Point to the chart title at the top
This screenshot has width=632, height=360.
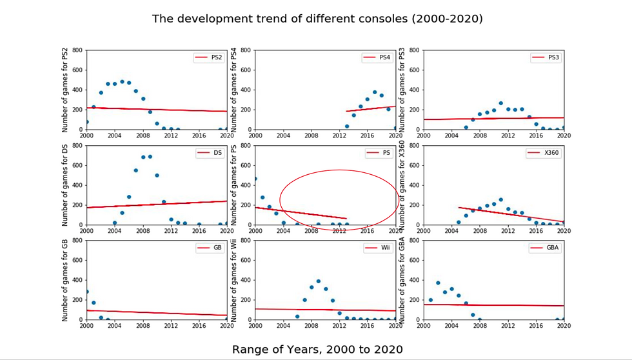point(317,19)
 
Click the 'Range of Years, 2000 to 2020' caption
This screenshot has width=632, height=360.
point(317,350)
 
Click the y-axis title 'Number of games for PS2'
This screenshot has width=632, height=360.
point(66,90)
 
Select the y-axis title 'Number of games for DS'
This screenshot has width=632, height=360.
point(66,185)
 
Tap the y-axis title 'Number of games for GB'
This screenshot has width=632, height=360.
point(66,280)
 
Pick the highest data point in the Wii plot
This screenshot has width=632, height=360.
point(318,281)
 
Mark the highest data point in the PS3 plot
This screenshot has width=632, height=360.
point(500,103)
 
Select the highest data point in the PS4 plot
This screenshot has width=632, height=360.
point(375,92)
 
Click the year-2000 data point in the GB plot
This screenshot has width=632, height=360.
point(86,292)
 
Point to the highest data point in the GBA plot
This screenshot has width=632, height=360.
point(438,283)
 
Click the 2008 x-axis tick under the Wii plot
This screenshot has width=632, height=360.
point(311,326)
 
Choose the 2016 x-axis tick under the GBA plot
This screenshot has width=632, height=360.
point(535,326)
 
